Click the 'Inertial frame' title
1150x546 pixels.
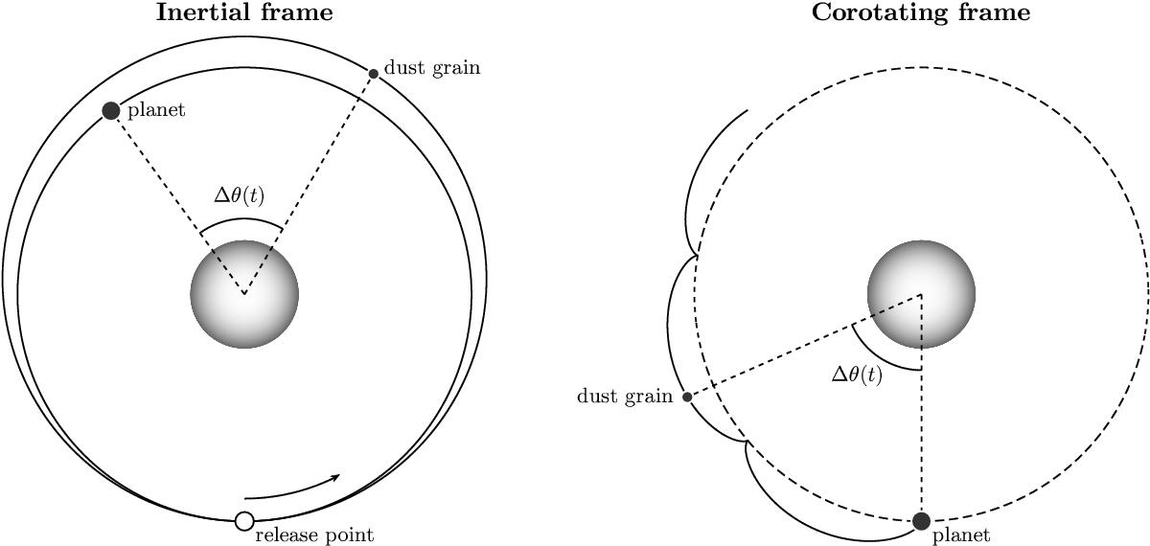244,11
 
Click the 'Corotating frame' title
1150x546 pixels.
921,11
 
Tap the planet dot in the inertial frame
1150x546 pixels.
111,111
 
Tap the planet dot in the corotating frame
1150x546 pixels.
922,521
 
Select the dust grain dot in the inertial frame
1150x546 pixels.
374,74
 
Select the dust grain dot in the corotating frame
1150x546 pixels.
687,397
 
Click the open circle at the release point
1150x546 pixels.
244,521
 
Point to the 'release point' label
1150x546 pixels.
314,535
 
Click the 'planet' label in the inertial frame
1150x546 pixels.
156,110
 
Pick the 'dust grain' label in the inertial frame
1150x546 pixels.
432,68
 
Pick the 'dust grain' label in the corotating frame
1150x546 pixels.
625,397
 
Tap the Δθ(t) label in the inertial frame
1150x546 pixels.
240,195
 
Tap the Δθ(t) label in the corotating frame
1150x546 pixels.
857,375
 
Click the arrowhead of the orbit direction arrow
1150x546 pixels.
335,477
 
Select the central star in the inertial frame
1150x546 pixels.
244,294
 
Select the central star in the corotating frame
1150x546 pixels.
922,294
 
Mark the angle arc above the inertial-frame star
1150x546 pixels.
241,219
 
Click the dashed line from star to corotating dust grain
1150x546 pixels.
804,346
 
